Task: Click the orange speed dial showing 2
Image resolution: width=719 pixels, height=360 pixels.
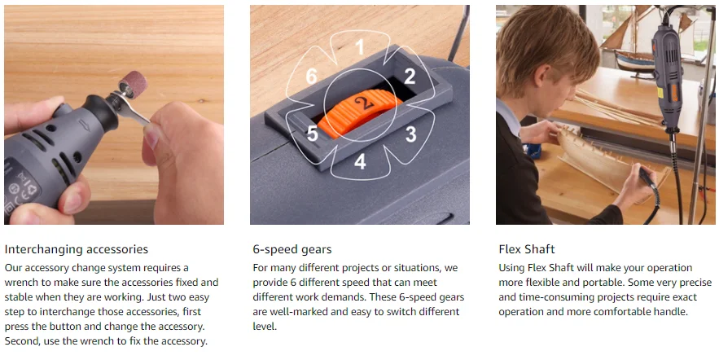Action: [x=360, y=112]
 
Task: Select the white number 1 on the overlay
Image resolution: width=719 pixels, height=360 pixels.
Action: [x=360, y=46]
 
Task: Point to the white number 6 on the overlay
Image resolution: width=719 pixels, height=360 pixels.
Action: [x=311, y=76]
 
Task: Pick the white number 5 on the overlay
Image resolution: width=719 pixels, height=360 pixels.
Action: [x=312, y=134]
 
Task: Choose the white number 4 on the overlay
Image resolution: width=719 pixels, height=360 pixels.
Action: [x=360, y=161]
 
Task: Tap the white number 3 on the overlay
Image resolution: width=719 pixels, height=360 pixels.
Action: [x=411, y=134]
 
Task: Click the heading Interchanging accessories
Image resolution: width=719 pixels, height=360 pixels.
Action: [x=76, y=249]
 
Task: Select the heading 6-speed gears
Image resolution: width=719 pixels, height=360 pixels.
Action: [x=292, y=249]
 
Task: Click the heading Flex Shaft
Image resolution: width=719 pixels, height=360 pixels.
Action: [x=527, y=249]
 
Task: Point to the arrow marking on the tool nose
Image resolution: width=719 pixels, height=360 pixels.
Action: [x=85, y=125]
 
